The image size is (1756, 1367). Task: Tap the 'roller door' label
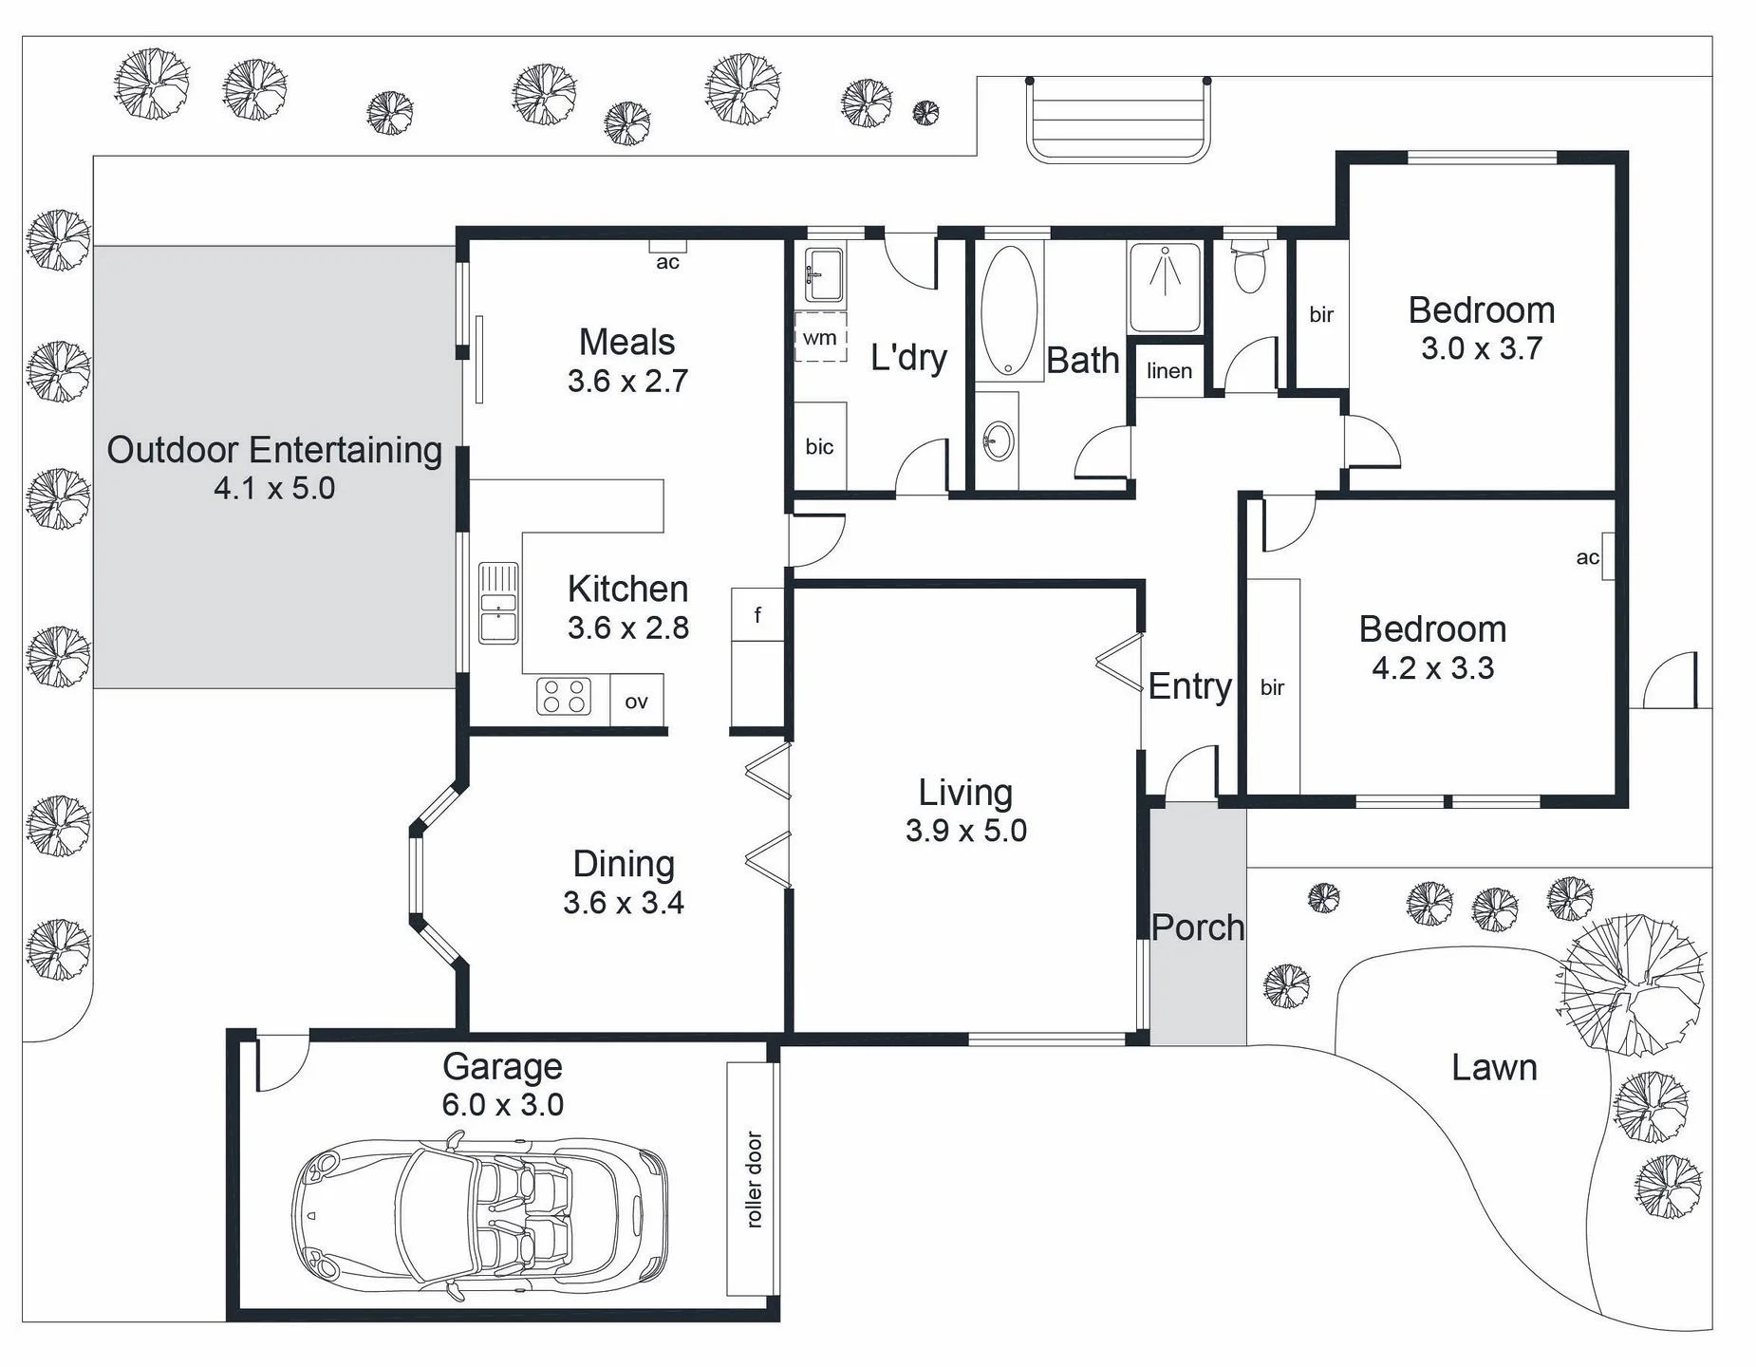(755, 1180)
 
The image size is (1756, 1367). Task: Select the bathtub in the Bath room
(1008, 313)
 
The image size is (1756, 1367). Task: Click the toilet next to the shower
(1249, 267)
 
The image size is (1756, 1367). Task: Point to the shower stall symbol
(1165, 286)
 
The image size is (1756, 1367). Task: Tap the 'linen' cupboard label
(1168, 370)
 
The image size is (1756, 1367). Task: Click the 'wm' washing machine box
(820, 336)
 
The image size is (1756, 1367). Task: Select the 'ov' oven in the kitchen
(636, 702)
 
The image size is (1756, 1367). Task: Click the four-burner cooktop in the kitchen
(564, 697)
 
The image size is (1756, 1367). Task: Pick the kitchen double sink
(498, 603)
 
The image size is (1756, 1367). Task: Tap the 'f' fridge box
(757, 614)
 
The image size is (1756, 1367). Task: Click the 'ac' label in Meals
(668, 262)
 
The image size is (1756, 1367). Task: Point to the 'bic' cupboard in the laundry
(820, 446)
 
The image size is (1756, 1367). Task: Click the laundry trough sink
(823, 275)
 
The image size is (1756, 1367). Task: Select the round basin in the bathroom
(999, 440)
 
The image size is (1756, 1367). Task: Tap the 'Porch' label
(1198, 927)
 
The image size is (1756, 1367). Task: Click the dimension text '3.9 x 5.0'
(966, 831)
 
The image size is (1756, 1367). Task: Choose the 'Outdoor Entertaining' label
(274, 450)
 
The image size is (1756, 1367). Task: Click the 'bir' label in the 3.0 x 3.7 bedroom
(1321, 314)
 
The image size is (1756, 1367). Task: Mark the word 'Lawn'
(1494, 1068)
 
